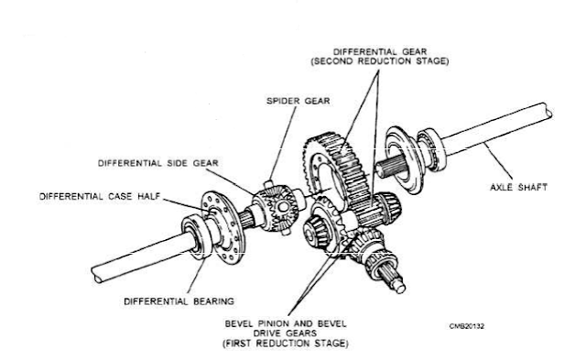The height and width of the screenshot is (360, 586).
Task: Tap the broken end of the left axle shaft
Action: point(98,276)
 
